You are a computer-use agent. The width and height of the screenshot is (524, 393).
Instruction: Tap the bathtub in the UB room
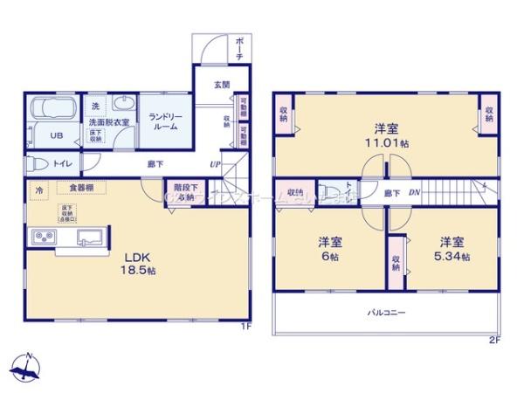pos(52,111)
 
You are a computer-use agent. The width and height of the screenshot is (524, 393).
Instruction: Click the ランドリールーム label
pos(163,121)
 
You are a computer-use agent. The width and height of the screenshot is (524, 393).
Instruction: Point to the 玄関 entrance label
pos(221,86)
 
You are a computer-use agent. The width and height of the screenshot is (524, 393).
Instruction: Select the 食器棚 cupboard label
pos(71,188)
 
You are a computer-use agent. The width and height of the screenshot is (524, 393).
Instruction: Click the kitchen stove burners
pos(43,237)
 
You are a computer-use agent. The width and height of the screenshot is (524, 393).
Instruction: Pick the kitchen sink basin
pos(90,237)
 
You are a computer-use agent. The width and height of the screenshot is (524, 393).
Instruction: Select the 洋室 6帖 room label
pos(329,250)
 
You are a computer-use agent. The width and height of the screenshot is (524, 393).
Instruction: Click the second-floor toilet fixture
pos(327,191)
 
